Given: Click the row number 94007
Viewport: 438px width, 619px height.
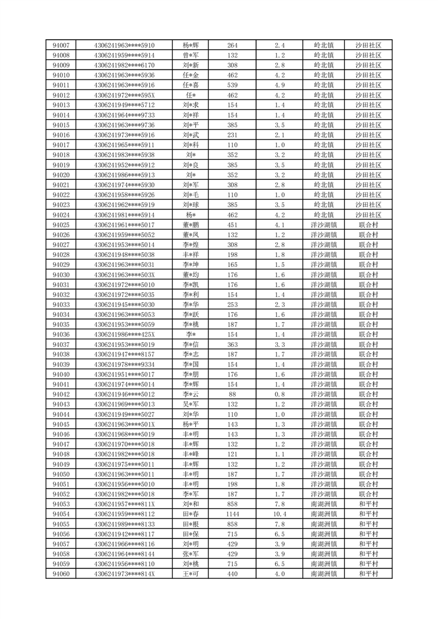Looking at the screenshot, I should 61,45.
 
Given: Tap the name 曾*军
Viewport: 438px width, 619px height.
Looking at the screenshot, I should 191,55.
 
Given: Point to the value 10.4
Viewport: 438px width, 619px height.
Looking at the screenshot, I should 280,514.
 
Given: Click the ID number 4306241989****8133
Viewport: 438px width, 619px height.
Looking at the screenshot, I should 125,524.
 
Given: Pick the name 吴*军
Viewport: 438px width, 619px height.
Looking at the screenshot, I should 191,404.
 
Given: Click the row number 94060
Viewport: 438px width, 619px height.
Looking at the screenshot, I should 61,574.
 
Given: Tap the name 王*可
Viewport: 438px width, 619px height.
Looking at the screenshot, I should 191,574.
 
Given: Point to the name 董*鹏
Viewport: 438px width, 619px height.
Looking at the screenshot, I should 191,225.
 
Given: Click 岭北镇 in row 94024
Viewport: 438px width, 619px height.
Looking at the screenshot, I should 324,215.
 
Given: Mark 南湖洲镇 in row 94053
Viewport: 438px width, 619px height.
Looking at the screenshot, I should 324,504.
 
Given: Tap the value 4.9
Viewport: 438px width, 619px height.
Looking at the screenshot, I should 280,85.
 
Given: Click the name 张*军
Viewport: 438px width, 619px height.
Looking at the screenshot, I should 191,554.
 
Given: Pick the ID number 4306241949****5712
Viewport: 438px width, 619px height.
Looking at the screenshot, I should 125,105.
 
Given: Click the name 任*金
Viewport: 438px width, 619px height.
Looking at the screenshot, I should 191,75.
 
